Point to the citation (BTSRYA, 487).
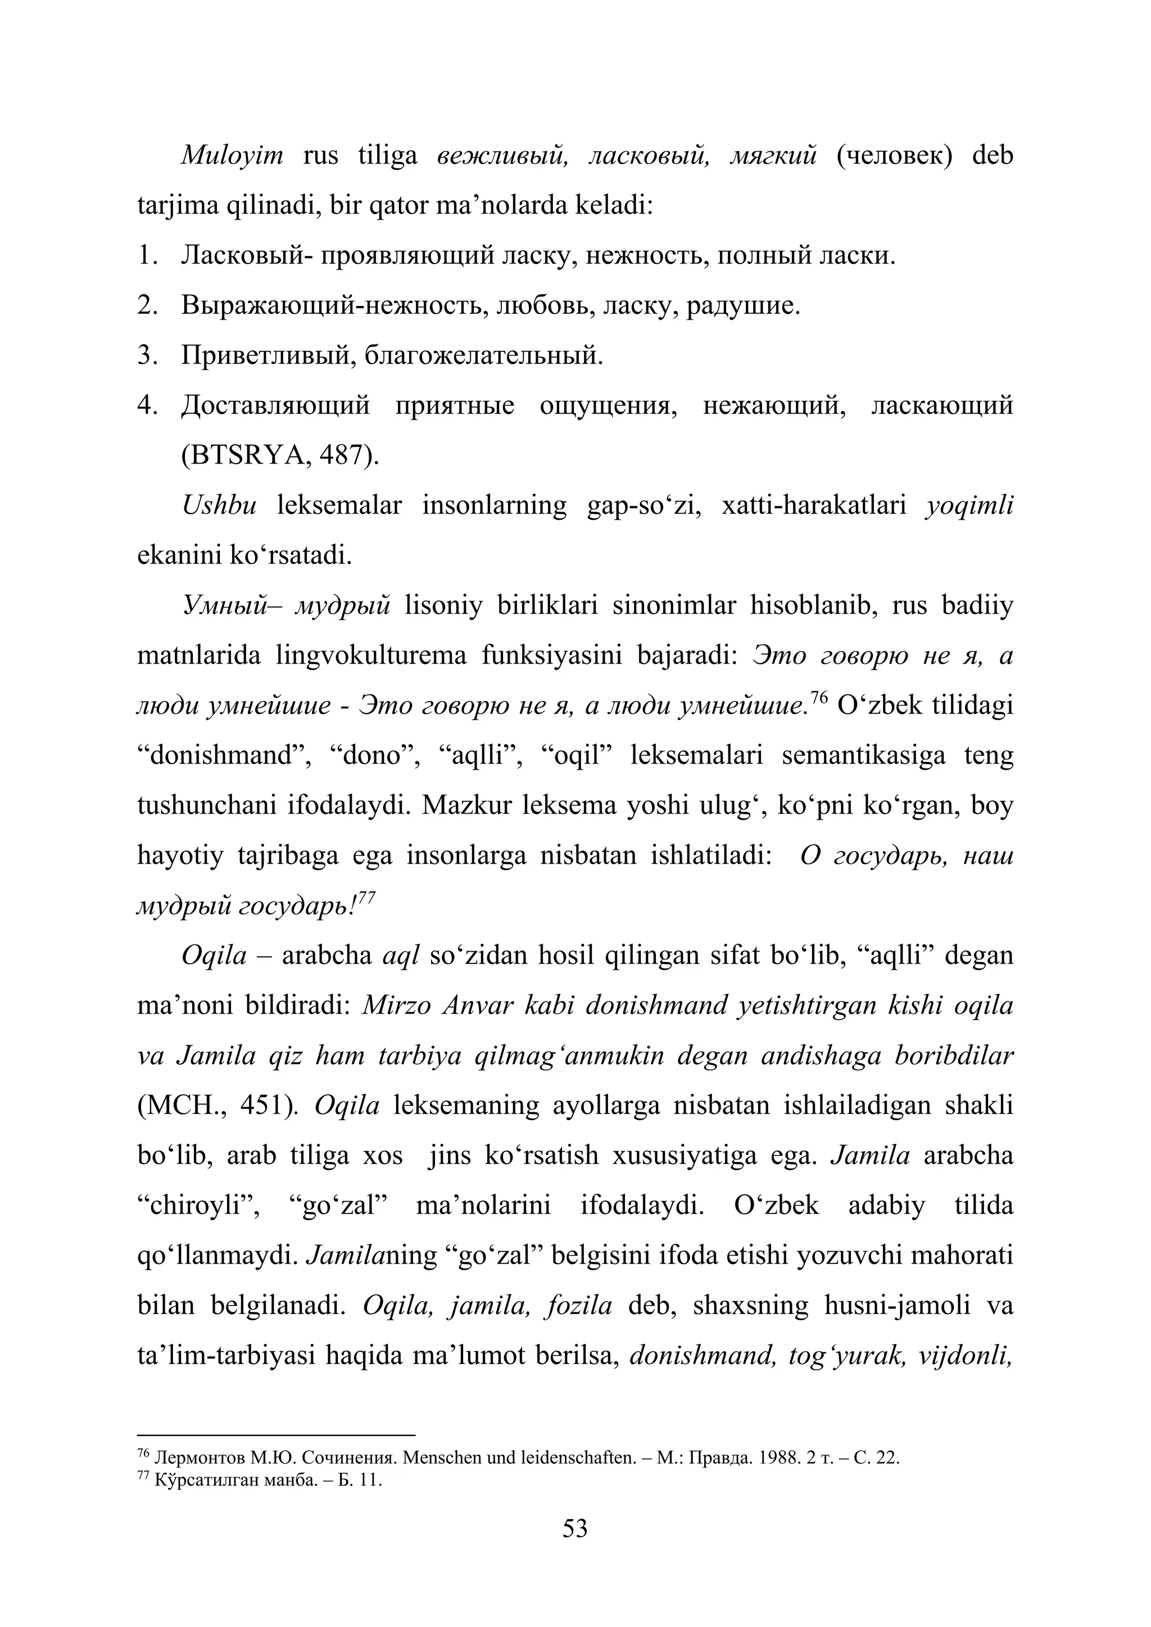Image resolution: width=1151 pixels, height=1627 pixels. pyautogui.click(x=280, y=456)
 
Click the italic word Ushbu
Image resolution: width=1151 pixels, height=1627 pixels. pyautogui.click(x=219, y=506)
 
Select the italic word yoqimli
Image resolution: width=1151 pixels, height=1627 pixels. pyautogui.click(x=969, y=506)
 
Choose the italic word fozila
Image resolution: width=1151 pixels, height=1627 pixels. pyautogui.click(x=579, y=1305)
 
